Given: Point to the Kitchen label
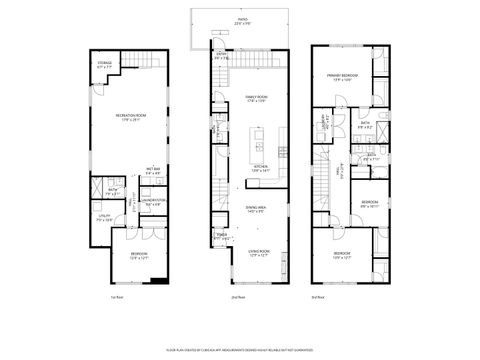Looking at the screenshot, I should pyautogui.click(x=260, y=169).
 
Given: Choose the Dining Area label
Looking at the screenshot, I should pyautogui.click(x=255, y=208).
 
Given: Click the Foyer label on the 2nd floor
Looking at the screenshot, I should pyautogui.click(x=221, y=238).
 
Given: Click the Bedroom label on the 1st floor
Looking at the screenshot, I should pyautogui.click(x=137, y=257).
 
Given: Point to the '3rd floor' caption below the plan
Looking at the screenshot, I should pyautogui.click(x=317, y=297).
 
